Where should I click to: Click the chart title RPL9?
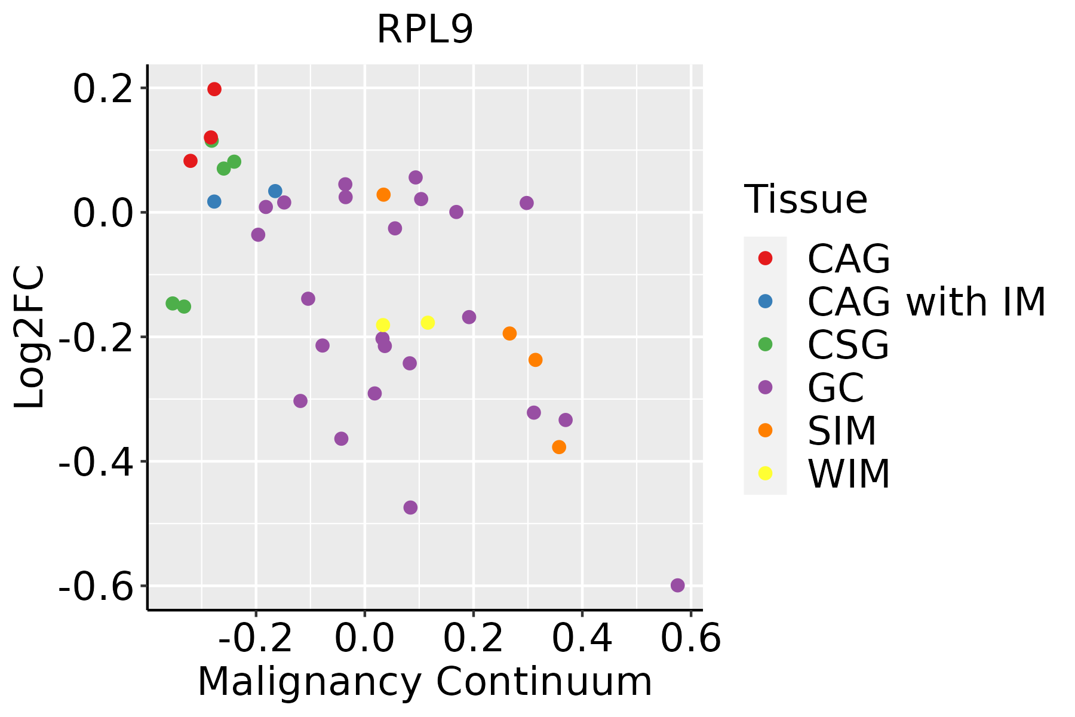[x=425, y=29]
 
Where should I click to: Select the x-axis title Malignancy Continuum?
[x=425, y=682]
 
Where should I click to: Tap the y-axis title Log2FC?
[x=30, y=337]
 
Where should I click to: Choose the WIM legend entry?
[x=848, y=474]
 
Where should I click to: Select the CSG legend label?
[x=848, y=345]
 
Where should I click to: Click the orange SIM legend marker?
[x=765, y=430]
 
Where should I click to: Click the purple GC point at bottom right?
[x=677, y=585]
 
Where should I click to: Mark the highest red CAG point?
[x=214, y=89]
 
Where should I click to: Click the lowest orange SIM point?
[x=559, y=447]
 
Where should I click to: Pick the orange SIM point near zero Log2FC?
[x=383, y=195]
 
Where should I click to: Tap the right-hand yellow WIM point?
[x=428, y=323]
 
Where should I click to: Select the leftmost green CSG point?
[x=173, y=304]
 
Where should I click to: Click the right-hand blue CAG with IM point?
[x=275, y=191]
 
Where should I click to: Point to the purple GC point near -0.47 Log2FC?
[x=410, y=507]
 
